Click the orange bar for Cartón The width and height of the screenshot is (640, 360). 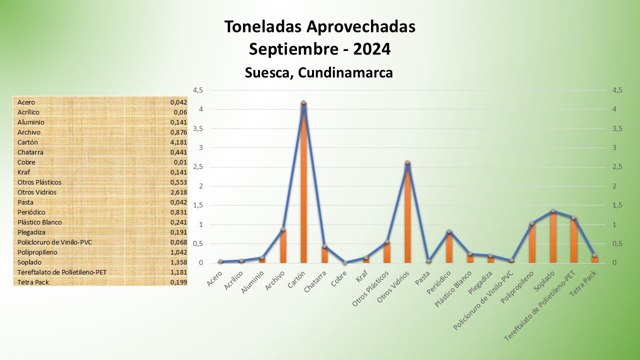[303, 185]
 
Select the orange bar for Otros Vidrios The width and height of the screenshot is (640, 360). [407, 215]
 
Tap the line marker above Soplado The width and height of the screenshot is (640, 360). [553, 211]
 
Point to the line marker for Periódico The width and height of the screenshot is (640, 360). [449, 231]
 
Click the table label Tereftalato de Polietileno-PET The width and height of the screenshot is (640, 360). [61, 272]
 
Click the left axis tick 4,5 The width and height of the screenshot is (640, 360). [197, 90]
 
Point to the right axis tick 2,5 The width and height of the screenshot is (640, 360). [617, 167]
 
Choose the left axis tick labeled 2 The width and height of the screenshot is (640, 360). [201, 186]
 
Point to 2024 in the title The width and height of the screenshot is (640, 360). [371, 49]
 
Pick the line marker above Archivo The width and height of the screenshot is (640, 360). [283, 229]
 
